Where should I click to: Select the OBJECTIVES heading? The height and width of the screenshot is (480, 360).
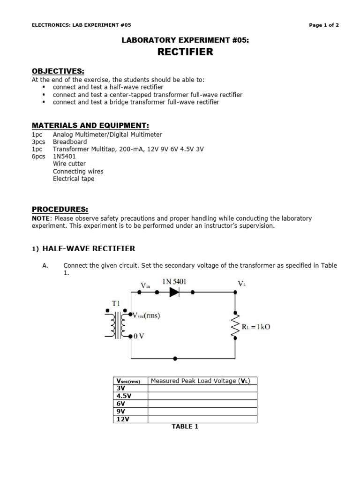pyautogui.click(x=58, y=71)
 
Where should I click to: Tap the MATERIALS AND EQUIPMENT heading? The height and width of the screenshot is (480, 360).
pyautogui.click(x=90, y=126)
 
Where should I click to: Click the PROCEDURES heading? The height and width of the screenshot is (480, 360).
pyautogui.click(x=60, y=209)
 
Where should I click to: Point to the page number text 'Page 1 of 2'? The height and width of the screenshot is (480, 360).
pyautogui.click(x=324, y=25)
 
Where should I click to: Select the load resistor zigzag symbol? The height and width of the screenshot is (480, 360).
pyautogui.click(x=235, y=324)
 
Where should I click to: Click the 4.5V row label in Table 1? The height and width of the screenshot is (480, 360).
pyautogui.click(x=124, y=396)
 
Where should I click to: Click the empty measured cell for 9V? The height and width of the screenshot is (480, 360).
pyautogui.click(x=202, y=411)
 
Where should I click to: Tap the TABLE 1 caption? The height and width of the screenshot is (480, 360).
pyautogui.click(x=185, y=427)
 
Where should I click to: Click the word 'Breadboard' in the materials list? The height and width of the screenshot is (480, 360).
pyautogui.click(x=70, y=141)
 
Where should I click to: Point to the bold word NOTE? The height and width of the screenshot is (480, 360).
pyautogui.click(x=41, y=218)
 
